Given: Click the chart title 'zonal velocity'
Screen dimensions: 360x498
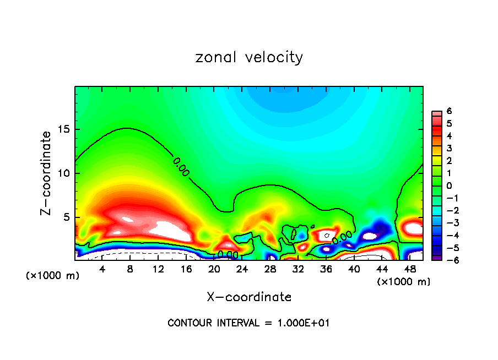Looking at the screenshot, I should [249, 57].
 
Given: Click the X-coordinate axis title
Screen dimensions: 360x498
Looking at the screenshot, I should [249, 297].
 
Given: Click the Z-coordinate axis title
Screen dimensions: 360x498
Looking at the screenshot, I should [47, 173].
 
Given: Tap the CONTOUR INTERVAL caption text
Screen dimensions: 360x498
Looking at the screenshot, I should [249, 323].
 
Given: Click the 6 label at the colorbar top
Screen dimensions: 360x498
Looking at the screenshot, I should [450, 111].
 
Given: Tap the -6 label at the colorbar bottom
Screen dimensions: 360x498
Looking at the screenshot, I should [448, 259].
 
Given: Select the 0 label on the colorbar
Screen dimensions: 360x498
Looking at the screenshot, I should [450, 185].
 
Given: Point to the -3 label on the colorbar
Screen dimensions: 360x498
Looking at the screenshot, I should [448, 222].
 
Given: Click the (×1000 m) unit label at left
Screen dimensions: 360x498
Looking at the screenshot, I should [53, 276].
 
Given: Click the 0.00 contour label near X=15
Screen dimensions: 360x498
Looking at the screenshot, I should [181, 167].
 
